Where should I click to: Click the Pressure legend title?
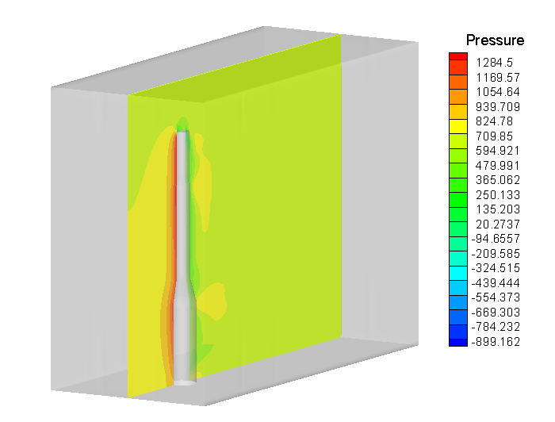pos(495,40)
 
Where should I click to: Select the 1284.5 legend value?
pos(494,63)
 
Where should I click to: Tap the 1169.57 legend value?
pos(498,78)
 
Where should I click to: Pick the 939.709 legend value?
pos(498,106)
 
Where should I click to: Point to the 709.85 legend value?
pos(494,136)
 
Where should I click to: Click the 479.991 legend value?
pos(498,165)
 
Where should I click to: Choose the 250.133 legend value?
pos(498,194)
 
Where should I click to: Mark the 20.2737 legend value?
pos(498,224)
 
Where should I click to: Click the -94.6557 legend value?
pos(496,239)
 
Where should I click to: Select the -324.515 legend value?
pos(496,268)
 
